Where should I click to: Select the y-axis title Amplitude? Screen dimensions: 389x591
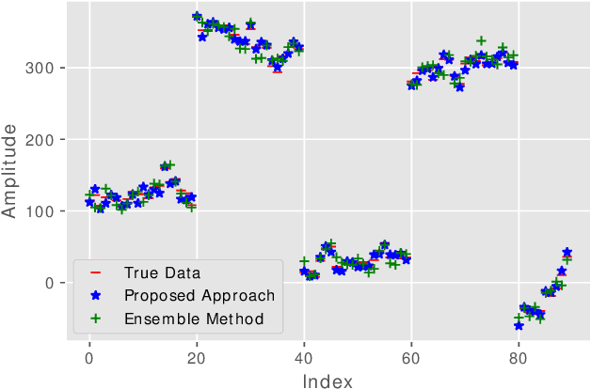tap(11, 176)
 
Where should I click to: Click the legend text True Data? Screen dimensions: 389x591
tap(163, 273)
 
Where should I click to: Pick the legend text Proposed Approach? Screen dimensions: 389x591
tap(200, 296)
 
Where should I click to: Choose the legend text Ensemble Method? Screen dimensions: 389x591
tap(194, 319)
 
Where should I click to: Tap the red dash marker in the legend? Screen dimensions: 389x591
tap(95, 273)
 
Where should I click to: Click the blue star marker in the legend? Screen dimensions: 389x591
tap(95, 296)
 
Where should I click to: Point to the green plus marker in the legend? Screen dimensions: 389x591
tap(95, 319)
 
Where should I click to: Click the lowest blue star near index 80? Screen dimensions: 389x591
tap(519, 325)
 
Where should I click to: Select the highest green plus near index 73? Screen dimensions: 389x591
tap(481, 41)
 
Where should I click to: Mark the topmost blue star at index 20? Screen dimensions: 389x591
tap(197, 17)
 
